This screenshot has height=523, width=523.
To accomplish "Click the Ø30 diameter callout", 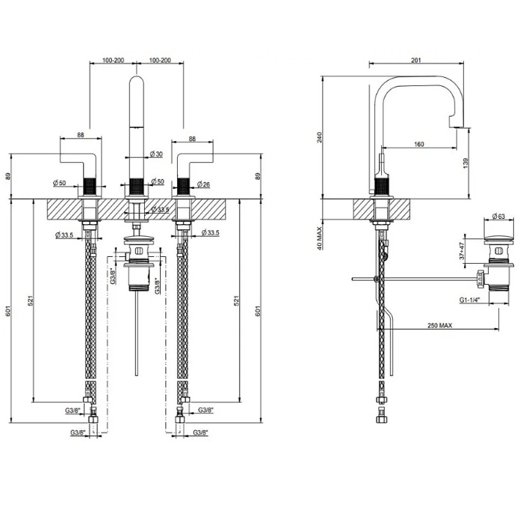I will (x=156, y=154).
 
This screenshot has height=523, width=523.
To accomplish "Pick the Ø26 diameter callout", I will (x=205, y=183).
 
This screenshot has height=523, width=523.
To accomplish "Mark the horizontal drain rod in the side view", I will (x=418, y=279).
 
